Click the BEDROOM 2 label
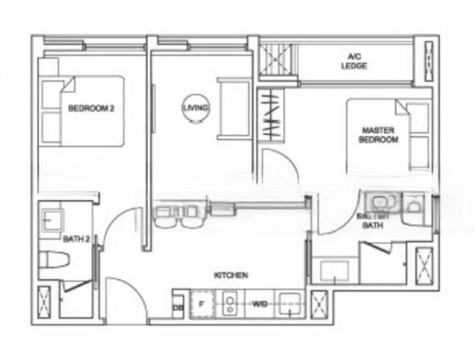91,109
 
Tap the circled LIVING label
195,108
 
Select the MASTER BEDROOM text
378,134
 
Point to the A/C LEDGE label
354,61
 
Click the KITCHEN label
231,275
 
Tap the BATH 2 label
76,239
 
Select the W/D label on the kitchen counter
259,305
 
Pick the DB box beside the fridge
178,308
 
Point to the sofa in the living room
234,109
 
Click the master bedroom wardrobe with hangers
270,115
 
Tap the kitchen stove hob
229,304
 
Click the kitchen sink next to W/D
289,305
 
